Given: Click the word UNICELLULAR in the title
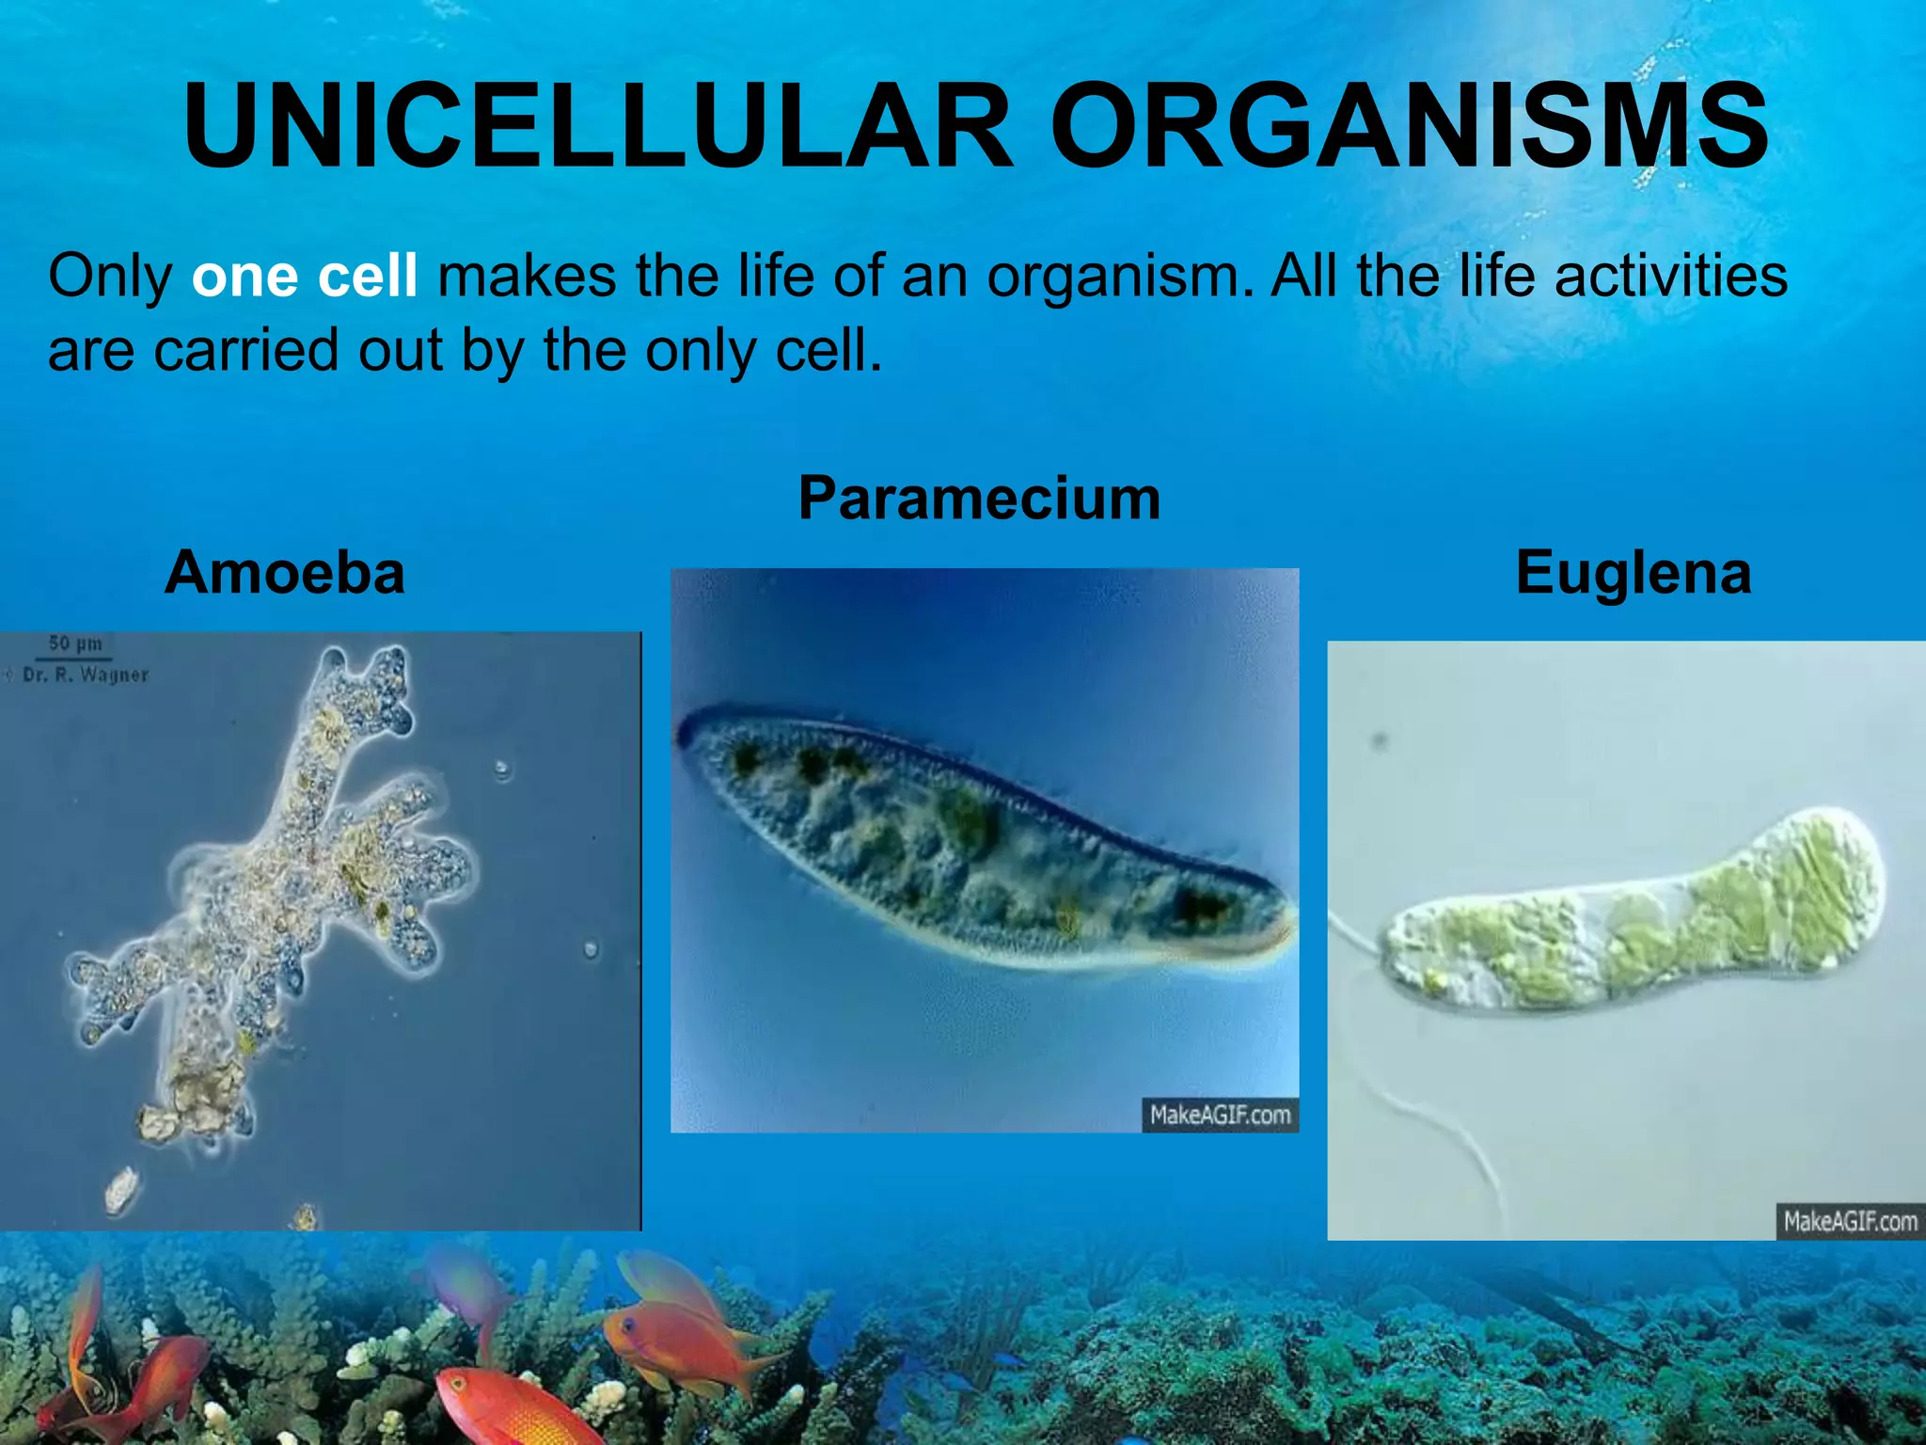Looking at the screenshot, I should (598, 127).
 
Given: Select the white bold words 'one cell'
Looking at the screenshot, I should (304, 277).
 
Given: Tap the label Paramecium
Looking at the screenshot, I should (979, 498).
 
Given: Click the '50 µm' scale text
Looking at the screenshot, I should (75, 644).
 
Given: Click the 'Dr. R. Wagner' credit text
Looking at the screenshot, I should (86, 675).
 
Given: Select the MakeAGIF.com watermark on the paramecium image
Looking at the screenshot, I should (1220, 1115).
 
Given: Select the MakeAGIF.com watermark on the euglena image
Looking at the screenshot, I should (1850, 1221).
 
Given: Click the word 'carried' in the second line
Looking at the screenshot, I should (245, 351).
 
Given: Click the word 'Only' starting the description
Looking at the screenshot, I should (110, 277).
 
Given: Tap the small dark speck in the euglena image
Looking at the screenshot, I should (1380, 741).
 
